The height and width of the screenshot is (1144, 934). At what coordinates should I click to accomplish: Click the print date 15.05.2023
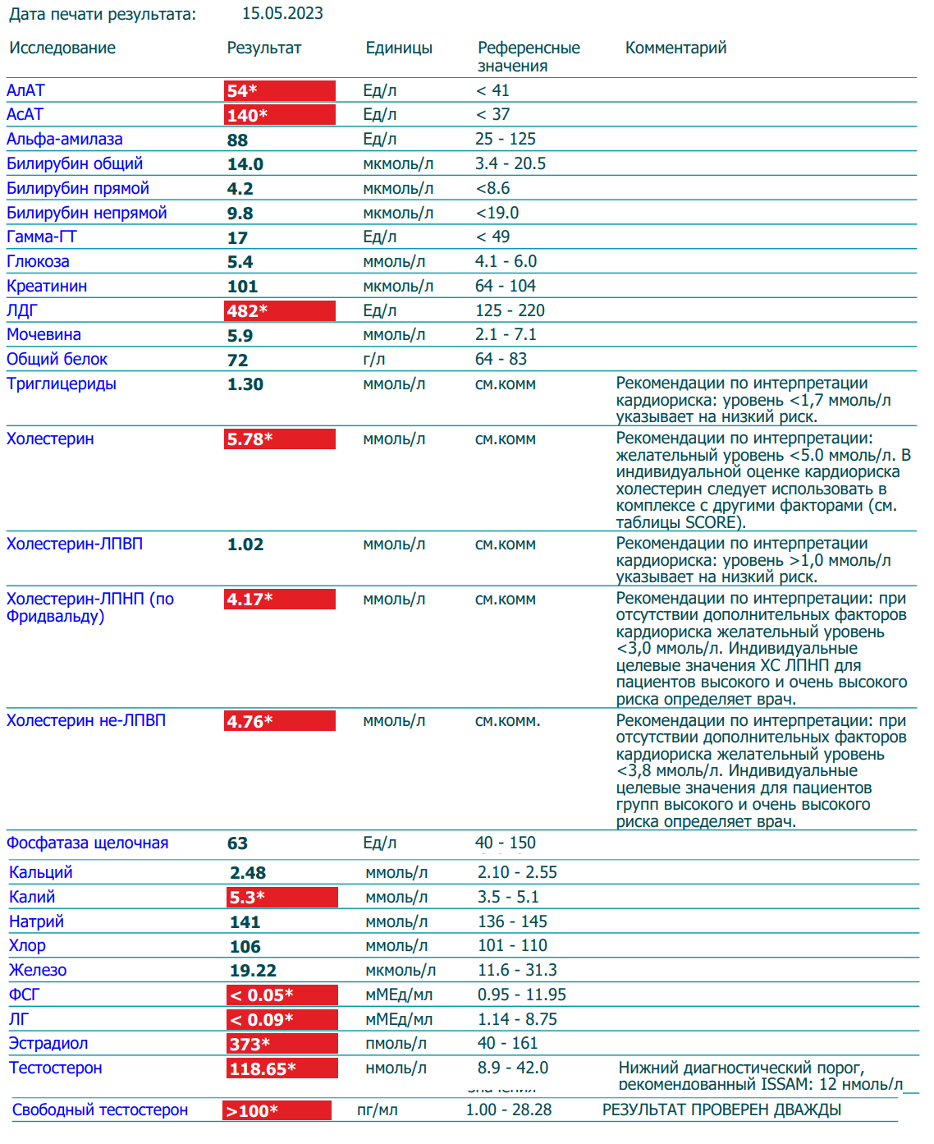tap(282, 14)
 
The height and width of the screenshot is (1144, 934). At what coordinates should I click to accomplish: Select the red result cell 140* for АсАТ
tap(279, 115)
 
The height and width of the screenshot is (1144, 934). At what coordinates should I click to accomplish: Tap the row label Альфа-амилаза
tap(65, 140)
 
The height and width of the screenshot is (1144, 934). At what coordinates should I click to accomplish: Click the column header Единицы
tap(399, 48)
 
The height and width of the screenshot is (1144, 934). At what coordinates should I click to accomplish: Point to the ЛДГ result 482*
tap(279, 311)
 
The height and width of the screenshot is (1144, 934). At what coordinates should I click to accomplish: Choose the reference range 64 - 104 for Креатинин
tap(505, 287)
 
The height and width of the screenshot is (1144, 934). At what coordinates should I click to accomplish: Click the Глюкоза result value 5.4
tap(240, 263)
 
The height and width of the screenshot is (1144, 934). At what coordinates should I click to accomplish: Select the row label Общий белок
tap(57, 360)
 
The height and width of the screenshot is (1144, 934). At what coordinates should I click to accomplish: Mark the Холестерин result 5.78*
tap(279, 439)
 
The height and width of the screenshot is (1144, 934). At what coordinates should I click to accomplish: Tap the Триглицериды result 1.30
tap(245, 385)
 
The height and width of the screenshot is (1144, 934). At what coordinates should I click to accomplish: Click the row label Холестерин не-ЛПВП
tap(86, 721)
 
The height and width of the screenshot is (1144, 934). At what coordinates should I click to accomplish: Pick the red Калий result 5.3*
tap(282, 898)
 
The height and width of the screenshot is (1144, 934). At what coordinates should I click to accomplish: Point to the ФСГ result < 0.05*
tap(282, 995)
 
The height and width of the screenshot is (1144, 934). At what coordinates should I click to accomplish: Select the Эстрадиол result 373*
tap(282, 1045)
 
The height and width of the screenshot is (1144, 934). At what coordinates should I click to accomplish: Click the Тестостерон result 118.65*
tap(282, 1069)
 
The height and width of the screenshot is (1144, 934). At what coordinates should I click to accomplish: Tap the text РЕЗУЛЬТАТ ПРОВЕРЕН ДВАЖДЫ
tap(721, 1110)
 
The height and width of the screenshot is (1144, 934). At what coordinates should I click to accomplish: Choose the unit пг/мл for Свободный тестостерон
tap(377, 1110)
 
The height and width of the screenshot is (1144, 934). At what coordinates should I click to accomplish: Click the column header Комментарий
tap(675, 48)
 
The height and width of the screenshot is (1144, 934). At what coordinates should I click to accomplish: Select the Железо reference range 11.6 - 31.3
tap(517, 971)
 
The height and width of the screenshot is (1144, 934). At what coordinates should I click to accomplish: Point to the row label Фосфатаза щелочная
tap(88, 843)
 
